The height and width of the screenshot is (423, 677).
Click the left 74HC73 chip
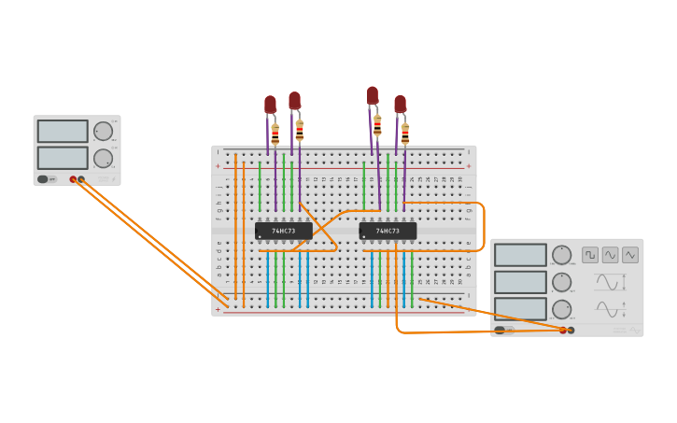(x=284, y=231)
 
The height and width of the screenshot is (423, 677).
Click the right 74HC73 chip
(x=388, y=231)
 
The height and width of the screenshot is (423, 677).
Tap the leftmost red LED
(x=270, y=104)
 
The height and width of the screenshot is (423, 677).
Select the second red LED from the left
(x=294, y=100)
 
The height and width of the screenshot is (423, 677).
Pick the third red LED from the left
(x=373, y=95)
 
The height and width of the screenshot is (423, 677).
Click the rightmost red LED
(x=400, y=104)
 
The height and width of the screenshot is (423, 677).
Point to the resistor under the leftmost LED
(x=275, y=134)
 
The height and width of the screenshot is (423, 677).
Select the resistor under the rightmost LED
(x=404, y=134)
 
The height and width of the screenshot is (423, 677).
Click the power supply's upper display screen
(x=63, y=131)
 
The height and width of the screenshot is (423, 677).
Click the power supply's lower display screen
(x=63, y=157)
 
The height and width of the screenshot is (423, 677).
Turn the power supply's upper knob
(x=103, y=131)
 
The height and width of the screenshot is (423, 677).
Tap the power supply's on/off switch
(x=43, y=179)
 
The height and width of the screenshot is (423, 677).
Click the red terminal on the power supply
(x=73, y=179)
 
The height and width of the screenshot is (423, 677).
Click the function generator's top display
(x=520, y=255)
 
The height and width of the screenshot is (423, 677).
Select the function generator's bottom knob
(x=561, y=309)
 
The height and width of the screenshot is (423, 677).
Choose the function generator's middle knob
(x=561, y=282)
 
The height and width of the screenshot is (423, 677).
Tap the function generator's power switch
(x=500, y=330)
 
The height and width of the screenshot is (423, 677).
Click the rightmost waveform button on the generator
(x=630, y=255)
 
